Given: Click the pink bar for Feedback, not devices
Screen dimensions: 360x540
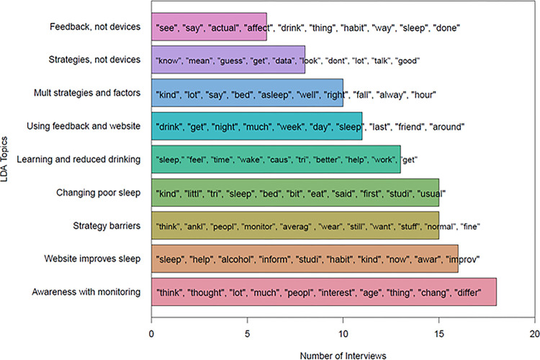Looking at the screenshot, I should pyautogui.click(x=209, y=28).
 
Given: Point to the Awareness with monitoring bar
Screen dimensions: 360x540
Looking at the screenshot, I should pyautogui.click(x=323, y=291).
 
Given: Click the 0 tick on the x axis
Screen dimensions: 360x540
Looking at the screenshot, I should pyautogui.click(x=151, y=334).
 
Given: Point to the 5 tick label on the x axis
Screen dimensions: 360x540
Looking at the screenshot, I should pyautogui.click(x=247, y=334).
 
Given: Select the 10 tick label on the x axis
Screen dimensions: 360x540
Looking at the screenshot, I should pyautogui.click(x=343, y=334).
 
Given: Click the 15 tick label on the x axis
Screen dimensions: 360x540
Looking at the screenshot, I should pyautogui.click(x=438, y=334).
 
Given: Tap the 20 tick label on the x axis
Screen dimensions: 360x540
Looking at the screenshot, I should pyautogui.click(x=534, y=334).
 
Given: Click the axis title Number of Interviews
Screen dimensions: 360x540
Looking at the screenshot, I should pyautogui.click(x=342, y=354).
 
